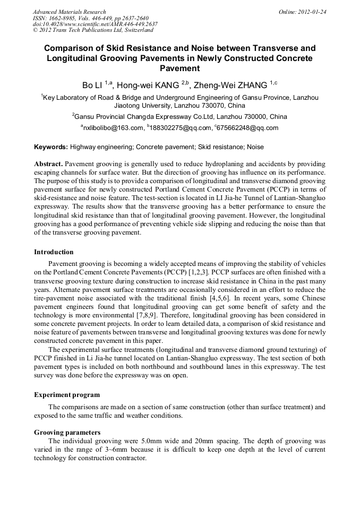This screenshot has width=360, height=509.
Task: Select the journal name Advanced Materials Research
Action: [x=69, y=12]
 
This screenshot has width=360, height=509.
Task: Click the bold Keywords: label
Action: [x=51, y=147]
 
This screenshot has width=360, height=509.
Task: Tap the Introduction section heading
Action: [x=54, y=252]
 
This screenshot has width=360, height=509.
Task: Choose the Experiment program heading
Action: [x=66, y=395]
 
